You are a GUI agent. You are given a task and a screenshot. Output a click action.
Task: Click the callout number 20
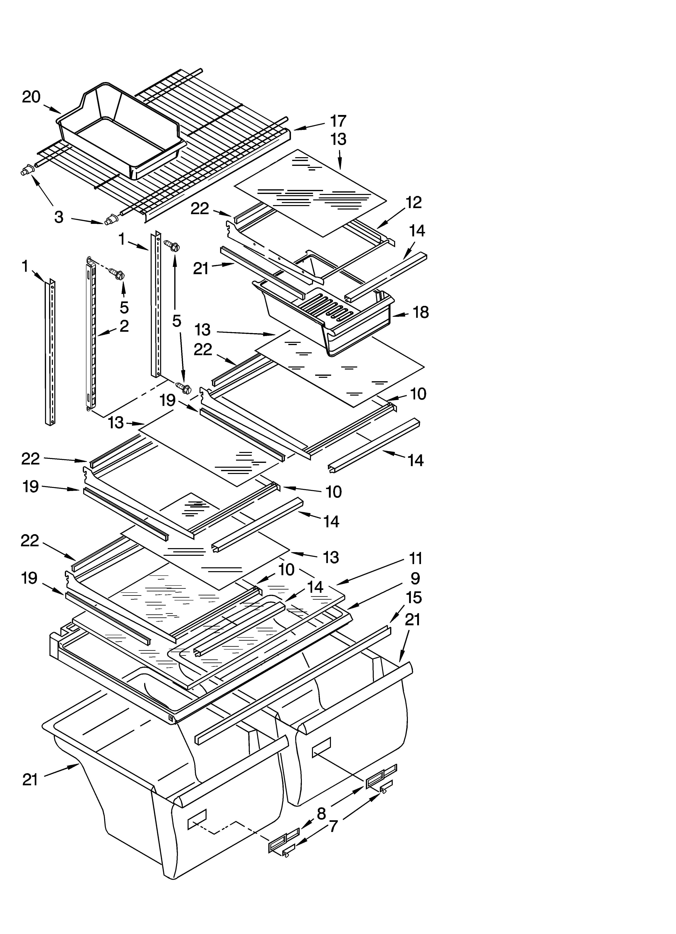(31, 97)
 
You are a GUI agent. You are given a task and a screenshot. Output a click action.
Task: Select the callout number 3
(59, 217)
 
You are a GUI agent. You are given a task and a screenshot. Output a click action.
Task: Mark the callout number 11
(416, 559)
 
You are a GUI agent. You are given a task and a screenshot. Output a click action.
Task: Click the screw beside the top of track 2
(117, 273)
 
